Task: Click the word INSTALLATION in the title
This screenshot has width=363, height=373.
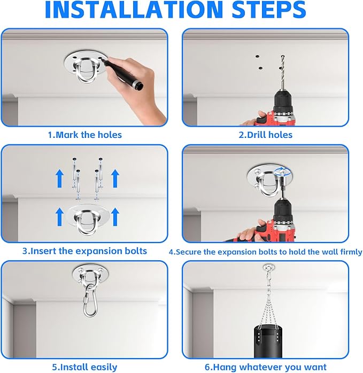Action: point(134,10)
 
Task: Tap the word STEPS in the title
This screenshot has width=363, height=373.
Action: point(269,10)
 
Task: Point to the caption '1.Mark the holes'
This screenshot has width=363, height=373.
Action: point(85,135)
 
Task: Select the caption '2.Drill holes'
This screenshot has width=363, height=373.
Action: point(265,135)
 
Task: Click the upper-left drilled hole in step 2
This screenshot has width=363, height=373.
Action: point(257,57)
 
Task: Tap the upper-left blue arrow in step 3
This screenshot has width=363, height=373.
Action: point(59,178)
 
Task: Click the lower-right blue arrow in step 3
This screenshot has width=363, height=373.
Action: point(115,217)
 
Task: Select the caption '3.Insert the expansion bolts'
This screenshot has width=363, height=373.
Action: point(84,251)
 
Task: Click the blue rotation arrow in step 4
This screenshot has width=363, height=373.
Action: point(282,171)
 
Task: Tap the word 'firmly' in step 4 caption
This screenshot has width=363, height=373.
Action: point(351,252)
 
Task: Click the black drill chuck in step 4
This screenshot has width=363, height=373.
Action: point(283,209)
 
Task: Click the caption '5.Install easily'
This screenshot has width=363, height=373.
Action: point(84,367)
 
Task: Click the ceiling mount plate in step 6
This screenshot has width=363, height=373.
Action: point(269,267)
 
